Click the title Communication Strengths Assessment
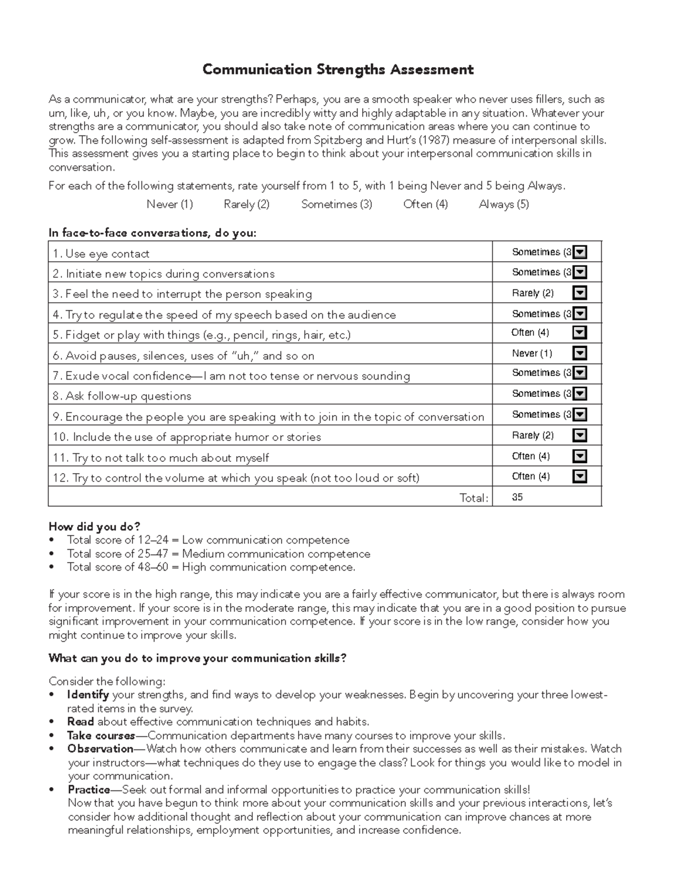point(337,69)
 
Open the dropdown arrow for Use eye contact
point(580,252)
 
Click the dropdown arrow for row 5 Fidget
point(580,333)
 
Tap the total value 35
point(517,497)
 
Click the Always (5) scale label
point(504,204)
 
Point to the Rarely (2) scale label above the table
point(246,204)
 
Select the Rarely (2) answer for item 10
point(532,435)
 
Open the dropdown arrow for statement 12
point(580,476)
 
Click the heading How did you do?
point(94,527)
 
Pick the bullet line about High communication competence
point(211,567)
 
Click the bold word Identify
point(87,695)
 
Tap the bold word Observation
point(100,749)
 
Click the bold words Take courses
point(101,735)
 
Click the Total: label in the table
point(474,498)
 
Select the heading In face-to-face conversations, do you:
point(152,233)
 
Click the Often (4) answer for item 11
point(531,456)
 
